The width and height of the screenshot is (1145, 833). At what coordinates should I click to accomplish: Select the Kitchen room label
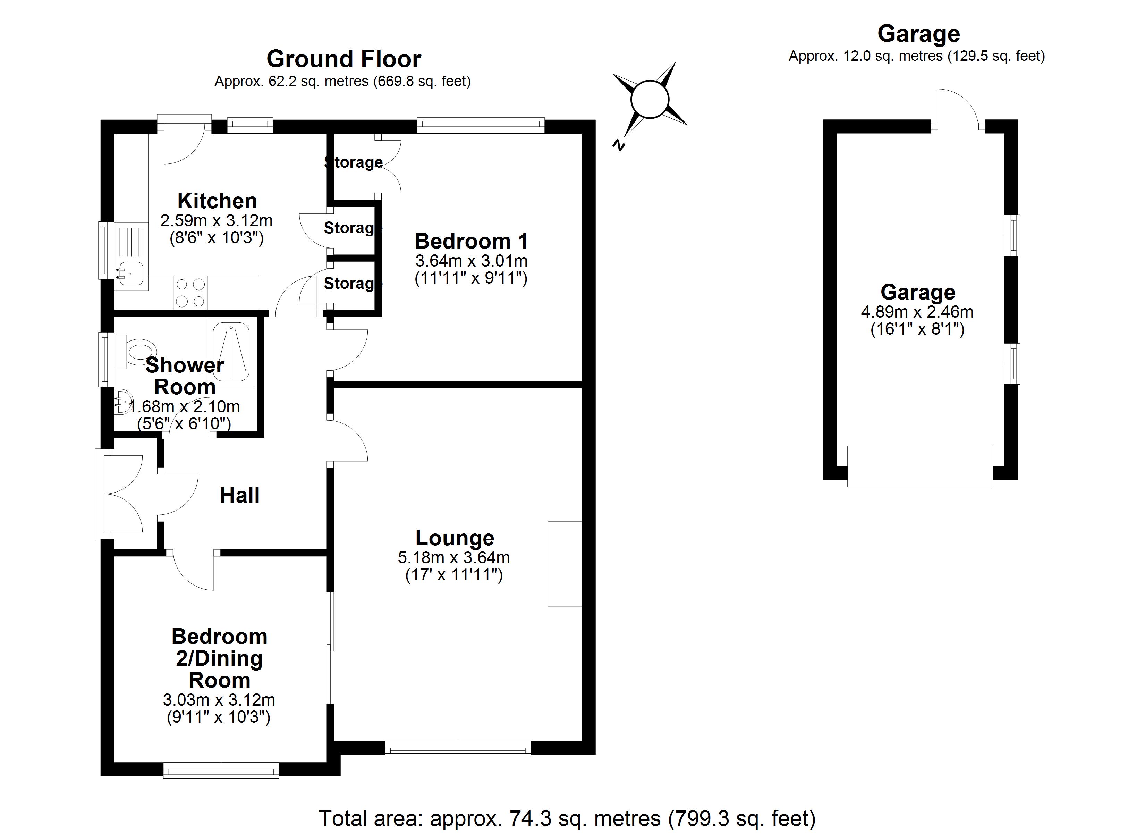pos(217,201)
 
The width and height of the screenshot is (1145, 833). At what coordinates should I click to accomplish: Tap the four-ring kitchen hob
pos(190,293)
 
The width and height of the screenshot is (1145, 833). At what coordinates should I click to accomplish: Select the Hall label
pos(240,496)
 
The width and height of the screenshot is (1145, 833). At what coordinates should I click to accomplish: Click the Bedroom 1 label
pos(471,242)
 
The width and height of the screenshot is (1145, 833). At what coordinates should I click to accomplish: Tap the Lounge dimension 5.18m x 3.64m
pos(453,558)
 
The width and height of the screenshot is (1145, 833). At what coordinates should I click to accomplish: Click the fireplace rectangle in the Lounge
pos(565,564)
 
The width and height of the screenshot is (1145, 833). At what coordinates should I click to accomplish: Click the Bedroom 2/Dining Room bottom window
pos(221,771)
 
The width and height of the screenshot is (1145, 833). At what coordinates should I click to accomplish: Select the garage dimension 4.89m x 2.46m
pos(917,312)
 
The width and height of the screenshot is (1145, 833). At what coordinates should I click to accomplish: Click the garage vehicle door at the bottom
pos(920,466)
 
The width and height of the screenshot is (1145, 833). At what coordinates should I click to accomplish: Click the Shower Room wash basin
pos(123,403)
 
